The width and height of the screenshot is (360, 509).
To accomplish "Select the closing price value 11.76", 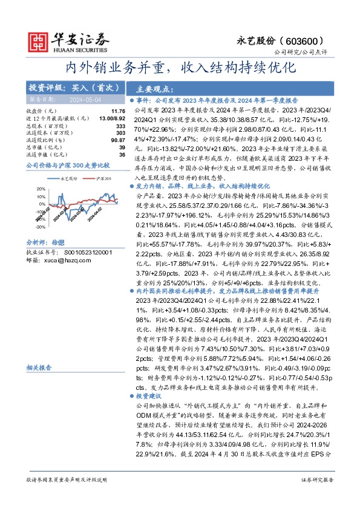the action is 118,111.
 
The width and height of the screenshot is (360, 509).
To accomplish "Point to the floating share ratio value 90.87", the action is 118,140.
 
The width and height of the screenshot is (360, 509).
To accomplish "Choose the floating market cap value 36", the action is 122,154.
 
